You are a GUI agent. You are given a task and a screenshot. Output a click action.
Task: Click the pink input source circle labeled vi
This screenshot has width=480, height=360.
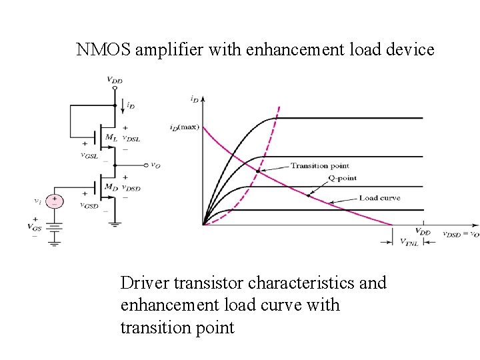point(57,201)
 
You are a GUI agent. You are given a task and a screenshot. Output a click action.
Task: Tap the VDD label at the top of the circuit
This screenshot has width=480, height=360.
point(115,80)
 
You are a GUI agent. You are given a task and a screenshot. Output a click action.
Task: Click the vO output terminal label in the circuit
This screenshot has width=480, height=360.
point(155,165)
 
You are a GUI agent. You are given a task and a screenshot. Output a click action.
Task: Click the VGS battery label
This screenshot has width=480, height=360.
point(35,227)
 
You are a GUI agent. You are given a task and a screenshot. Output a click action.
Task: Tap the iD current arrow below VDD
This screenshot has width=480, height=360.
point(125,105)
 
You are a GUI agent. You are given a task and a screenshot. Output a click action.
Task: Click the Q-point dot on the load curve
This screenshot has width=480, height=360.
point(308,195)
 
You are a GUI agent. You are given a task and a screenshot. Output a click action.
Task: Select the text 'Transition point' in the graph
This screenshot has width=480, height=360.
point(319,165)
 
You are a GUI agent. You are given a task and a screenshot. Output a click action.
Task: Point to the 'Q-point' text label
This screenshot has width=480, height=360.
point(343,179)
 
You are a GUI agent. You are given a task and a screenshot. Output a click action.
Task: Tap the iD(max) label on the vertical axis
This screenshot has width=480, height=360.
point(183,127)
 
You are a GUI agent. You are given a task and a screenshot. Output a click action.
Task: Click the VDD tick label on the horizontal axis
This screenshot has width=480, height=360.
point(423,232)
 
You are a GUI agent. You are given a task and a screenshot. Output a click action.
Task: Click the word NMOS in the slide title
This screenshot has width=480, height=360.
point(103,49)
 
